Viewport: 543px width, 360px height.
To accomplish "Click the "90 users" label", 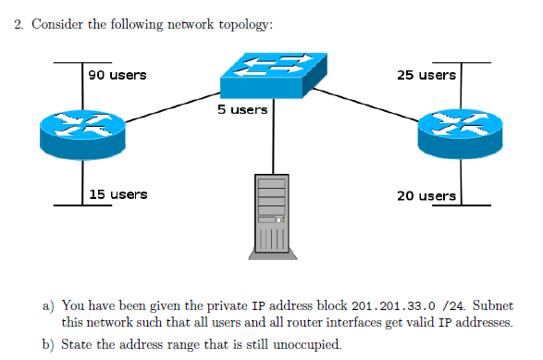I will (x=117, y=74).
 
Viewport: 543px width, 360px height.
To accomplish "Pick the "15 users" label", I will (x=117, y=194).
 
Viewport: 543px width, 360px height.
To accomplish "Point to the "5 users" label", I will (x=242, y=109).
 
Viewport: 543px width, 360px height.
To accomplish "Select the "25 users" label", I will (x=426, y=74).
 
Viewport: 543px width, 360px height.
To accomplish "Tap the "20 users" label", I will (x=426, y=195).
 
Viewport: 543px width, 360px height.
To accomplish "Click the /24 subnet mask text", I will (x=452, y=305).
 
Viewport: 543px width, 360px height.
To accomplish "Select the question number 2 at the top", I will (x=19, y=25).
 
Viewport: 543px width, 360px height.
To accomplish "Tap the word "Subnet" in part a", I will (x=492, y=305).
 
